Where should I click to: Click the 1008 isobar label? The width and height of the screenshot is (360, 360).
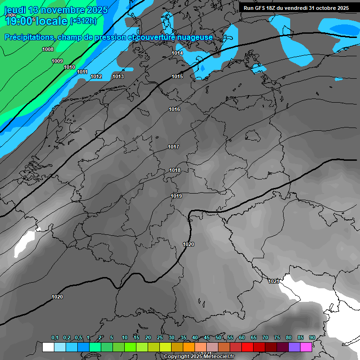coord(48,49)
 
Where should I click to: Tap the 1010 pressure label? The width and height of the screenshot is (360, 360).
coord(69,67)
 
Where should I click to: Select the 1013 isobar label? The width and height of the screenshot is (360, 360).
coord(118,76)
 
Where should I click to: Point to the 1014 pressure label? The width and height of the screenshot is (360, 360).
coord(177,53)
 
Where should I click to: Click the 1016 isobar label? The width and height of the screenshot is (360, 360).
coord(174,109)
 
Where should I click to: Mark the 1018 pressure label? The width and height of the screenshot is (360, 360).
coord(175,170)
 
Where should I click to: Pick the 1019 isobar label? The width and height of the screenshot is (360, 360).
coord(176,196)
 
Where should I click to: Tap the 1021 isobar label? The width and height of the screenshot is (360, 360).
coord(274,281)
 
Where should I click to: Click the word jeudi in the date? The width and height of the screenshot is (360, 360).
coord(16,10)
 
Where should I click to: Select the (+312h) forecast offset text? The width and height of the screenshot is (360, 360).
coord(83,21)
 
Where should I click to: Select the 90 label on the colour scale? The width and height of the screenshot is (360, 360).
coord(312,337)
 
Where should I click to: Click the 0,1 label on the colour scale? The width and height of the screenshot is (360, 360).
coord(55,337)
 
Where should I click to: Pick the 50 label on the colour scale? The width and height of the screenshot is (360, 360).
coord(218,337)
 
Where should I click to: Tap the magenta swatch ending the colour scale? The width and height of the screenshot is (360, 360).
coord(306,347)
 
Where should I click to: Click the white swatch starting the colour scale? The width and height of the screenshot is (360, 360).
coord(48,347)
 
